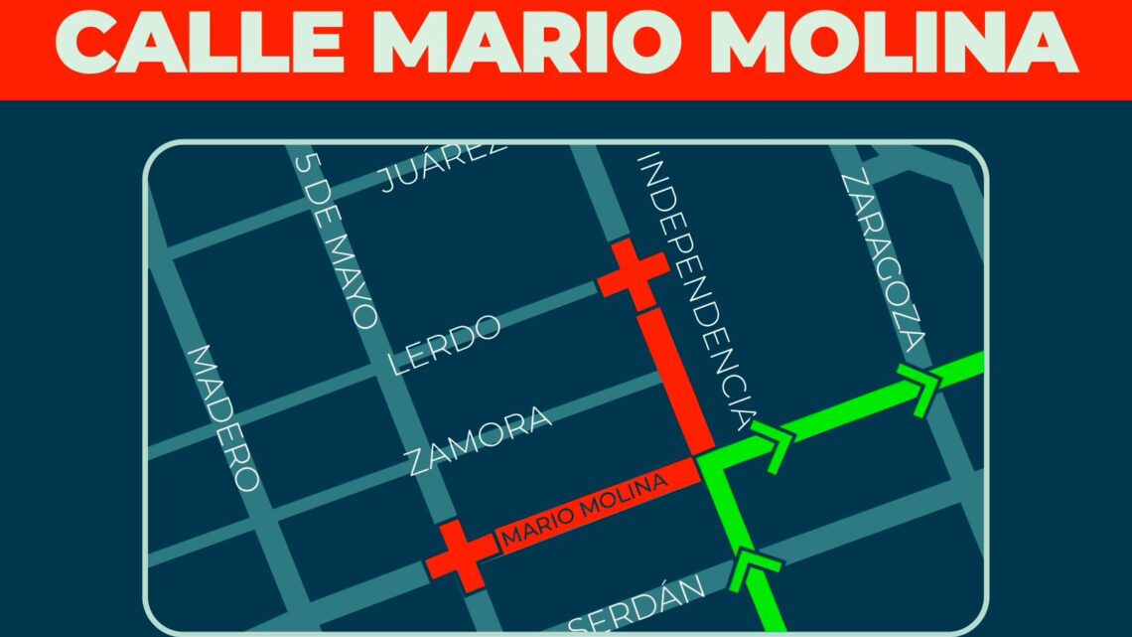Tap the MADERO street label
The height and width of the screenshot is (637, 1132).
(x=224, y=417)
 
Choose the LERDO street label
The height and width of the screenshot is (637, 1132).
(x=444, y=344)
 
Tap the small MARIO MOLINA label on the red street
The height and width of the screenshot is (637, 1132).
(x=583, y=511)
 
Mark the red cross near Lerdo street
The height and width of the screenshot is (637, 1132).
(x=633, y=273)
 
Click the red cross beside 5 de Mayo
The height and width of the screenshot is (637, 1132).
(x=460, y=554)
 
